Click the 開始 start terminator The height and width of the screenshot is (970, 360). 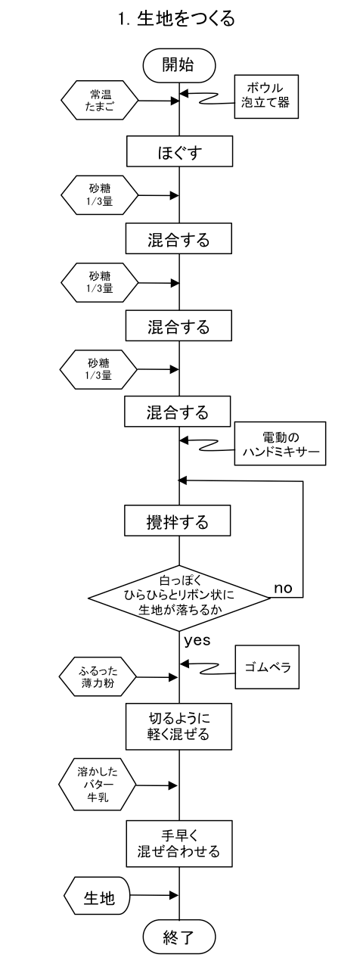click(179, 65)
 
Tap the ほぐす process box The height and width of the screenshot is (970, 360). click(179, 151)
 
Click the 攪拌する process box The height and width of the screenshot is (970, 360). click(178, 520)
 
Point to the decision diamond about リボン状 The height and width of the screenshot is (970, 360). click(179, 598)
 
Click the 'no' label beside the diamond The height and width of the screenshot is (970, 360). click(283, 588)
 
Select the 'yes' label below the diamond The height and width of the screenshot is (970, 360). click(197, 640)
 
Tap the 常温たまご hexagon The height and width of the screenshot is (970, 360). click(100, 100)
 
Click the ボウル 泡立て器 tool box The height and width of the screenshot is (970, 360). click(266, 96)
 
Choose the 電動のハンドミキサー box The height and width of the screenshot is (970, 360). click(281, 444)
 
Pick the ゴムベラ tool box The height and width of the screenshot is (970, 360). click(268, 667)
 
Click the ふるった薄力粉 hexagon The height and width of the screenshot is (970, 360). click(98, 677)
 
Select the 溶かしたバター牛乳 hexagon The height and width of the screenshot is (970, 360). click(98, 785)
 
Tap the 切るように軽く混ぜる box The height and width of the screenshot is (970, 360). click(178, 726)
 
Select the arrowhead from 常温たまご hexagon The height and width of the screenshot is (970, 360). click(175, 101)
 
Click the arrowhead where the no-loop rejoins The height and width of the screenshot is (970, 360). click(182, 480)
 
